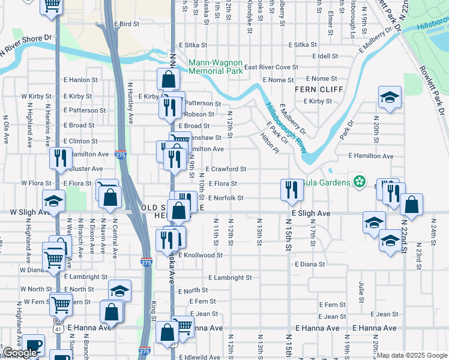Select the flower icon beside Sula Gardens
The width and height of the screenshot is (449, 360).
coord(360,181)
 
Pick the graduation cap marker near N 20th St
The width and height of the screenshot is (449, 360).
coord(390,98)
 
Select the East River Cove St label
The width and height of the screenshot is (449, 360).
coord(271,67)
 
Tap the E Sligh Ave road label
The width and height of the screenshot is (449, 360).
coord(311,214)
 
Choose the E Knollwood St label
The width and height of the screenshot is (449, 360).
coord(200,255)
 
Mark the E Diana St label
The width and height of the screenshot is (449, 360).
coord(310,264)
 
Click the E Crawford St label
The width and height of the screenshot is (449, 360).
coord(226,170)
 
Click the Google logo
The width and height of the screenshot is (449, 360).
coord(20,353)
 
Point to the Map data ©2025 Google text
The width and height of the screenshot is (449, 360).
coord(412,355)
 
